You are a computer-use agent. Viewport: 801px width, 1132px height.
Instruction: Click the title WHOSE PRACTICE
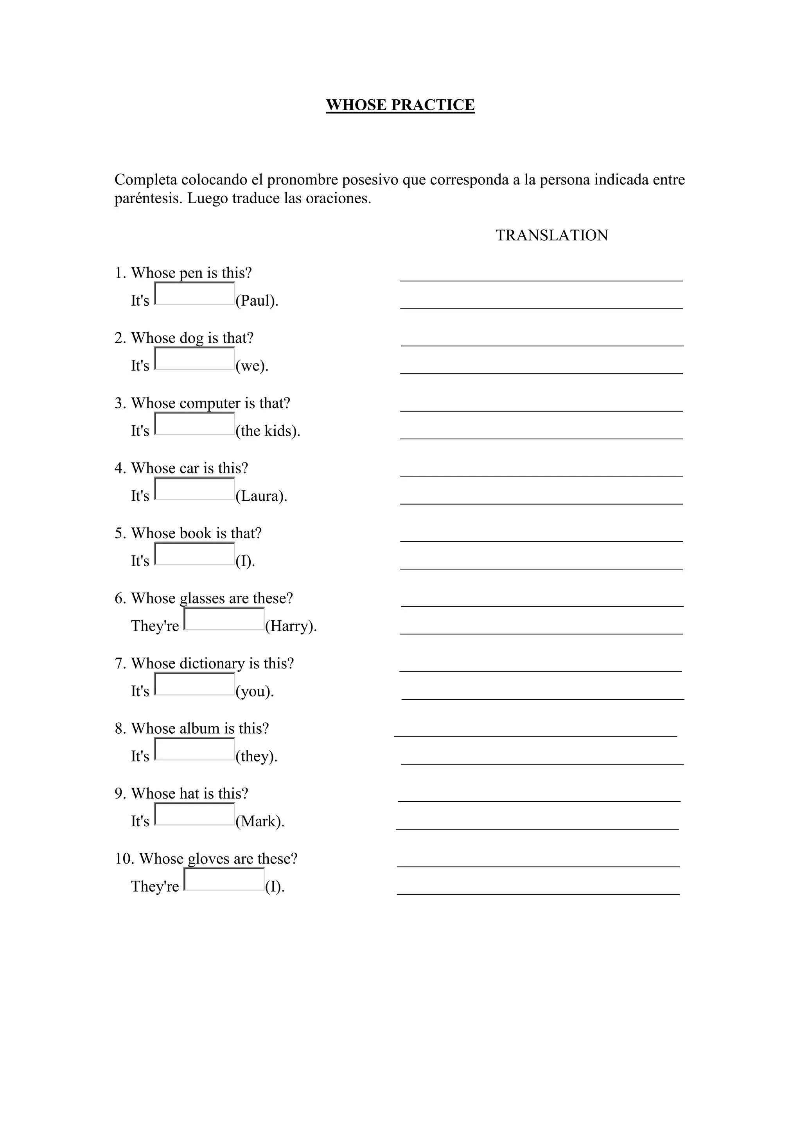[400, 105]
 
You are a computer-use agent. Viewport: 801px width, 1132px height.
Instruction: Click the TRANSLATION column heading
[551, 235]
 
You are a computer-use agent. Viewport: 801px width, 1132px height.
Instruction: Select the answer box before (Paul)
[194, 294]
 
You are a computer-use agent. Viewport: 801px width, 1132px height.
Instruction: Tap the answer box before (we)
[194, 359]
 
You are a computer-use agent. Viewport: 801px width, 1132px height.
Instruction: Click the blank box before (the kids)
[194, 424]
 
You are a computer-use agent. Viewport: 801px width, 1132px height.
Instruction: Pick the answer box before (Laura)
[194, 489]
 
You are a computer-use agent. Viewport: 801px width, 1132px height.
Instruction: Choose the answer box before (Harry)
[224, 619]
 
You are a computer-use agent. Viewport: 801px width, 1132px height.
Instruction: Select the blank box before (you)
[194, 684]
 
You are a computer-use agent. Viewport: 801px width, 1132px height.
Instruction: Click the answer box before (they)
[194, 749]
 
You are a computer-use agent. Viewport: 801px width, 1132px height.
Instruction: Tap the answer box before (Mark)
[194, 815]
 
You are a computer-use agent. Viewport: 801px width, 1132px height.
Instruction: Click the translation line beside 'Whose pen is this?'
[541, 279]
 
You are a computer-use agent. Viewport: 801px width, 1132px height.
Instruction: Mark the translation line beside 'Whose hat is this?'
[539, 800]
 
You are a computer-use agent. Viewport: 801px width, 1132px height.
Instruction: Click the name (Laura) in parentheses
[261, 496]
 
